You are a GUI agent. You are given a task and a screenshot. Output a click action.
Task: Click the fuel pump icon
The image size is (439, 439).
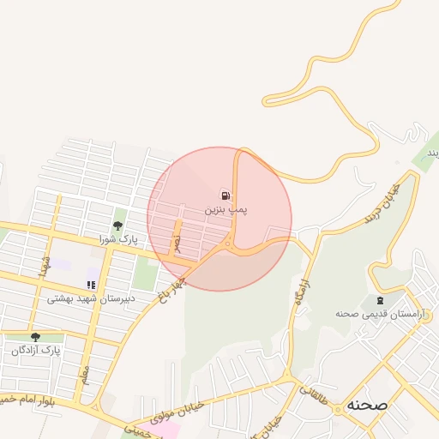pyautogui.click(x=226, y=195)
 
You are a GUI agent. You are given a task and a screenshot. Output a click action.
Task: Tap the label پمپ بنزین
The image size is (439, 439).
pyautogui.click(x=226, y=209)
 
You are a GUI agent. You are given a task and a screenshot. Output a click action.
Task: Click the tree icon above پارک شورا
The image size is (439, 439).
pyautogui.click(x=117, y=226)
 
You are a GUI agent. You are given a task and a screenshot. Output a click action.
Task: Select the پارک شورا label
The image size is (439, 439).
pyautogui.click(x=117, y=238)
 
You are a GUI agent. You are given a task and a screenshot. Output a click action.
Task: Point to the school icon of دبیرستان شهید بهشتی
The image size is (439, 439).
pyautogui.click(x=91, y=285)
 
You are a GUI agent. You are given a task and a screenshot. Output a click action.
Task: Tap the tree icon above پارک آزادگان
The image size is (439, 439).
pyautogui.click(x=35, y=337)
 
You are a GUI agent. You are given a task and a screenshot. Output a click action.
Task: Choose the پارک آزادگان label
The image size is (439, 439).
pyautogui.click(x=38, y=350)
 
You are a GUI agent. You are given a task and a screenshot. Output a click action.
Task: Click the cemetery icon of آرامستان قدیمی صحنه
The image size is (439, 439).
pyautogui.click(x=379, y=301)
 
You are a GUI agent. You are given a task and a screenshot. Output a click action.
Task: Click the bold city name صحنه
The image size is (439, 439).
pyautogui.click(x=368, y=405)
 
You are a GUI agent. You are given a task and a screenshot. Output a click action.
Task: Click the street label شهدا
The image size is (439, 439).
pyautogui.click(x=45, y=267)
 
